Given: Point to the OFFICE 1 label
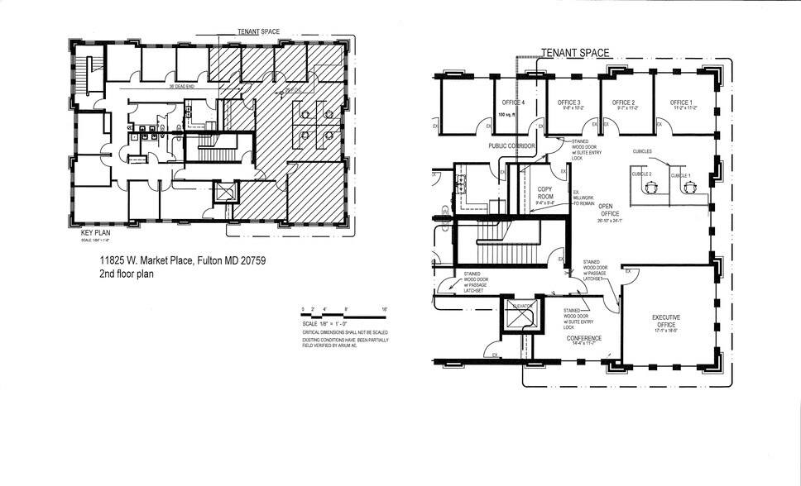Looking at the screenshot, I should [x=682, y=102].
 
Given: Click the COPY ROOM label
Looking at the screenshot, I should [x=544, y=193].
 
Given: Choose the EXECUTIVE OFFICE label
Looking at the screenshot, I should [x=665, y=320].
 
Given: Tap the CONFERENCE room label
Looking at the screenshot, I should [x=583, y=338].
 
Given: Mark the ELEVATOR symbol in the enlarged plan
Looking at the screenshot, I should [x=520, y=317].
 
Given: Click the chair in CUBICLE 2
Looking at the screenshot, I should [x=650, y=188].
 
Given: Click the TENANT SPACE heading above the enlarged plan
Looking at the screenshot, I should [x=575, y=53].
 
